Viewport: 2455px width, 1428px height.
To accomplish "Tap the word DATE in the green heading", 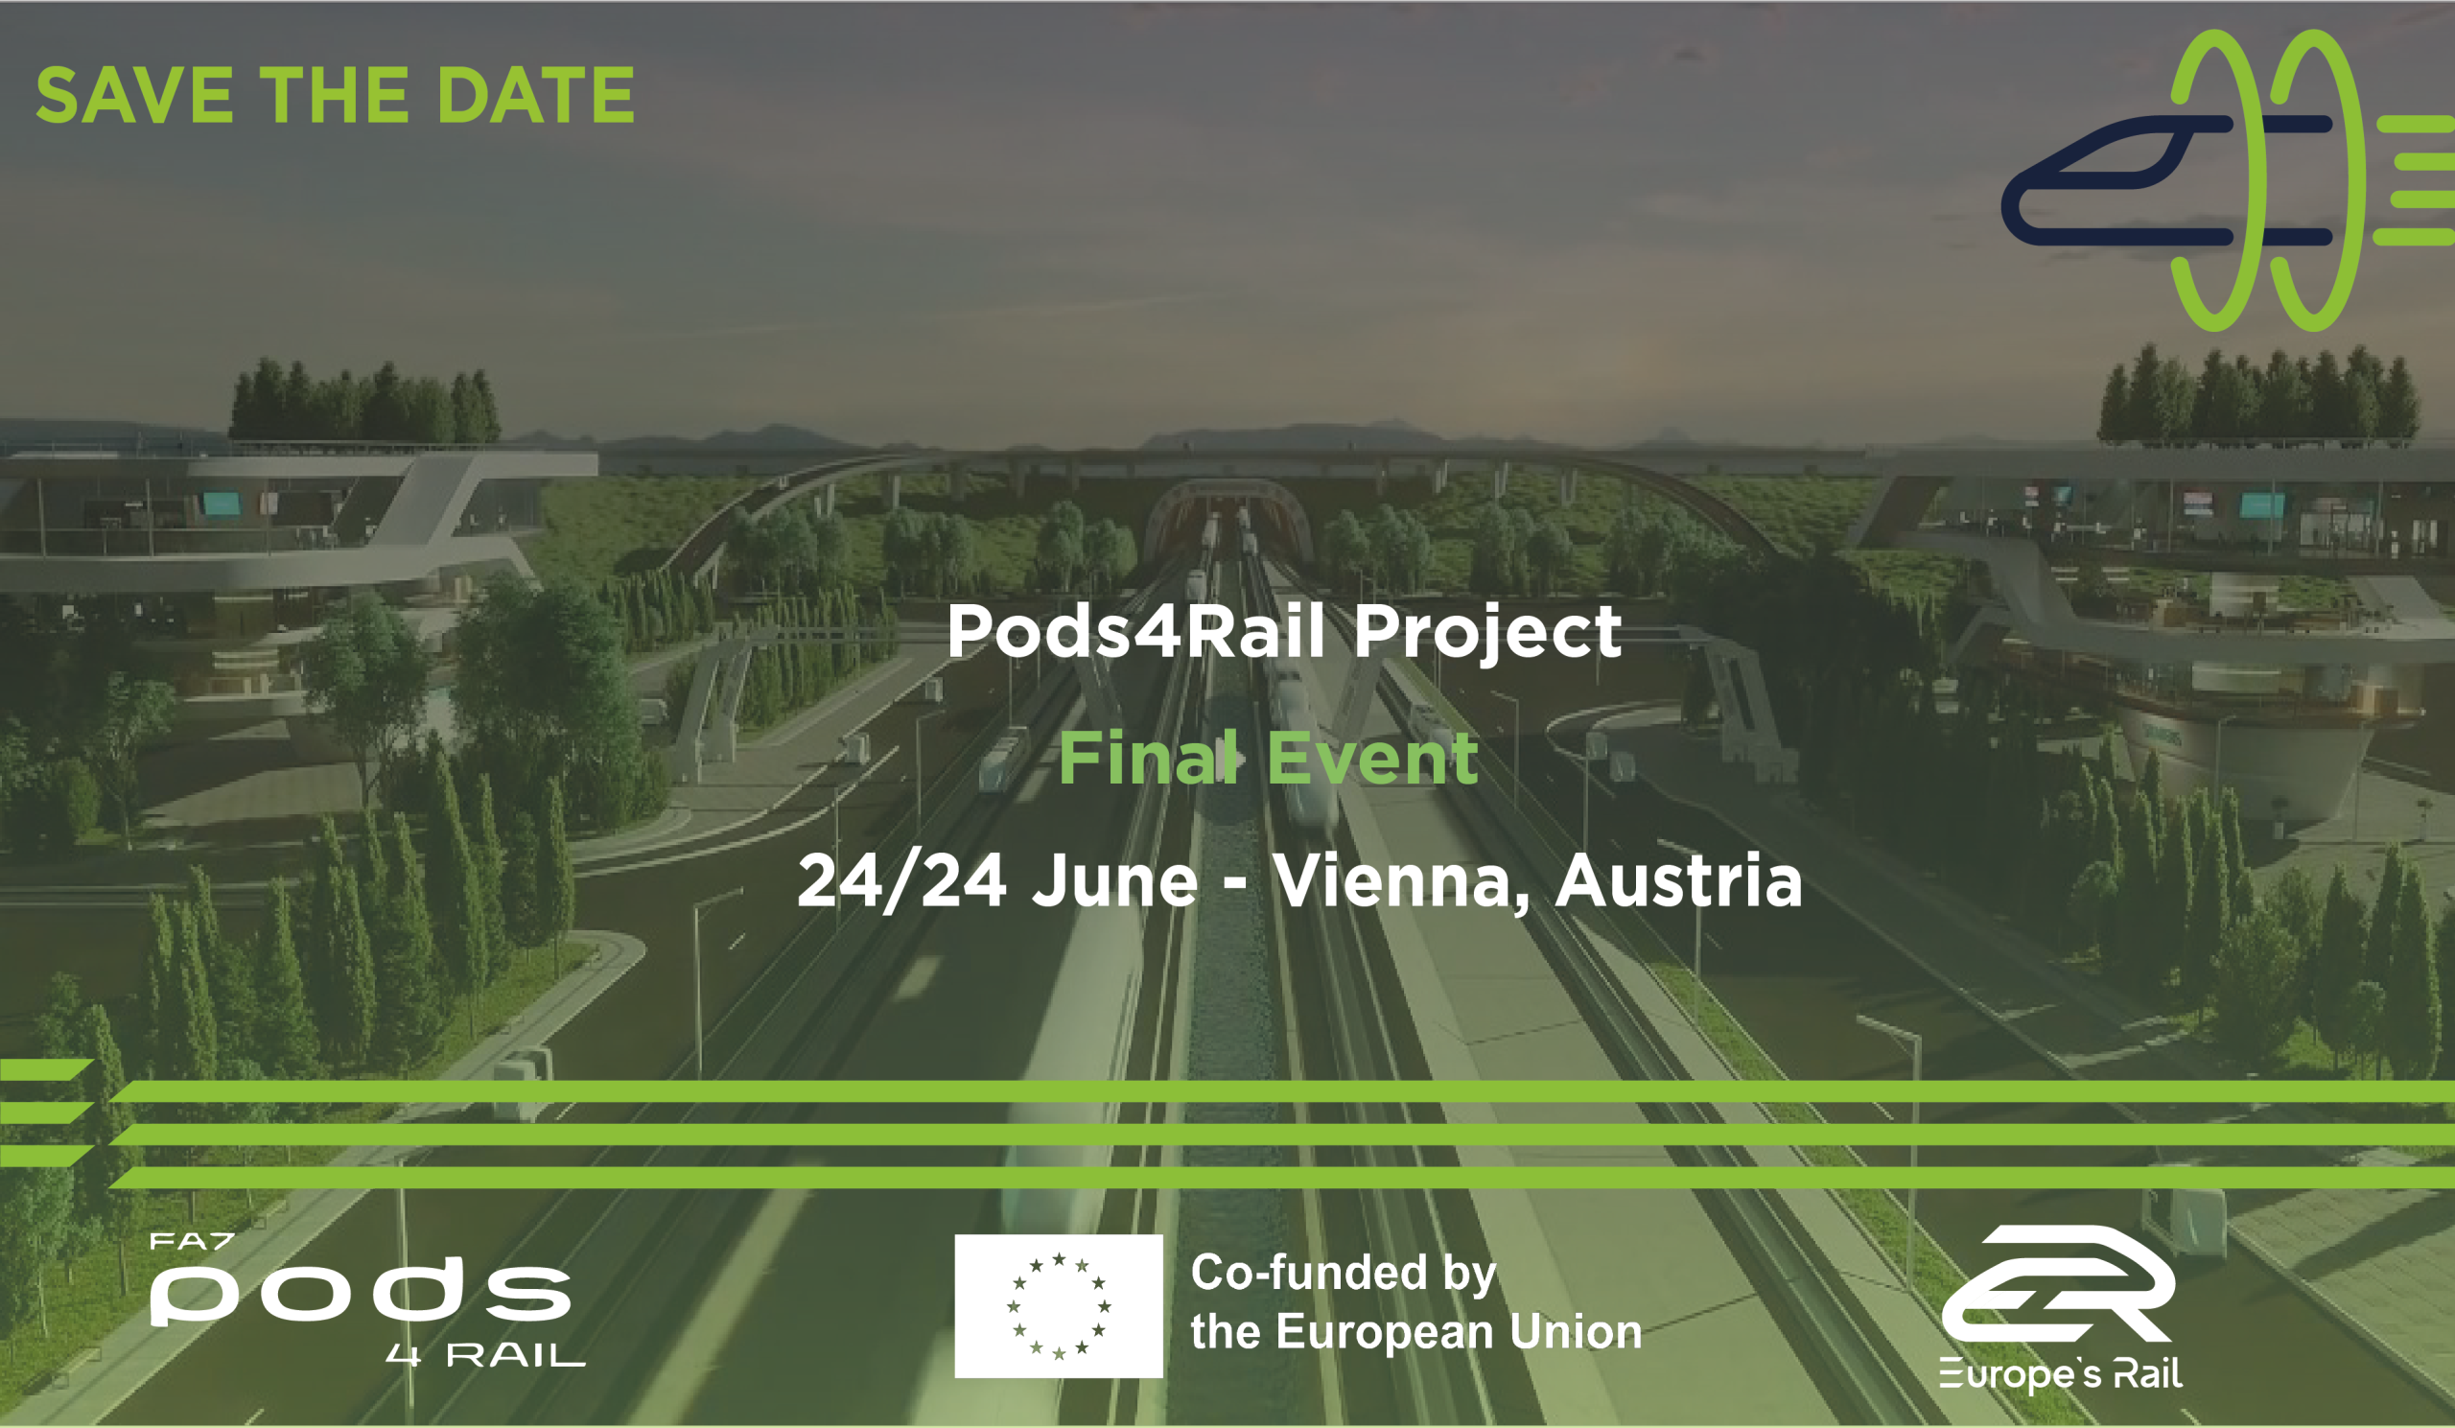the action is [537, 96].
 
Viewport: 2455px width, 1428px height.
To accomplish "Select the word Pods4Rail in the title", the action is [1136, 631].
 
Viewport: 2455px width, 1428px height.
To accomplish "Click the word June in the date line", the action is [1115, 880].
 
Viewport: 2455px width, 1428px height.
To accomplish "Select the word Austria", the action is [1678, 880].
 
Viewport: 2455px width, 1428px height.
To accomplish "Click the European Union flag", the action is [1059, 1306].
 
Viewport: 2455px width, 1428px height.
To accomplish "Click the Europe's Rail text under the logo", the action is [2060, 1374].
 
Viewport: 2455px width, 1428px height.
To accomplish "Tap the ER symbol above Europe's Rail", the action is [2059, 1283].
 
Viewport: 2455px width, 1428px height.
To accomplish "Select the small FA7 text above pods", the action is [192, 1242].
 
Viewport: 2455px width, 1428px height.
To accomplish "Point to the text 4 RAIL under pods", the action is [485, 1355].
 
